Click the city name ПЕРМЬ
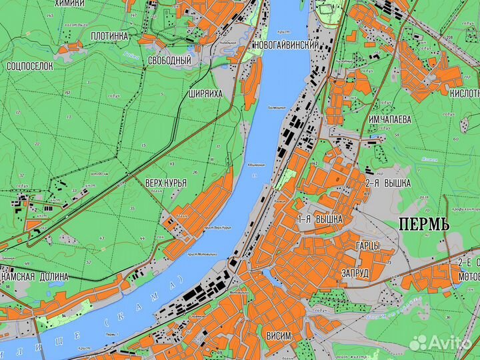click(x=424, y=223)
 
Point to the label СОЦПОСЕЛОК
click(x=29, y=67)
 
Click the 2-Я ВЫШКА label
click(x=387, y=183)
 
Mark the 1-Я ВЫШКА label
click(x=320, y=219)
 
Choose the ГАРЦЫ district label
click(x=367, y=246)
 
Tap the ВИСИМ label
click(x=278, y=335)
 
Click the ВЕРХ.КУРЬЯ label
click(x=165, y=182)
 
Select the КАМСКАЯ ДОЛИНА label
click(x=35, y=277)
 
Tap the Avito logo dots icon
click(x=419, y=343)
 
